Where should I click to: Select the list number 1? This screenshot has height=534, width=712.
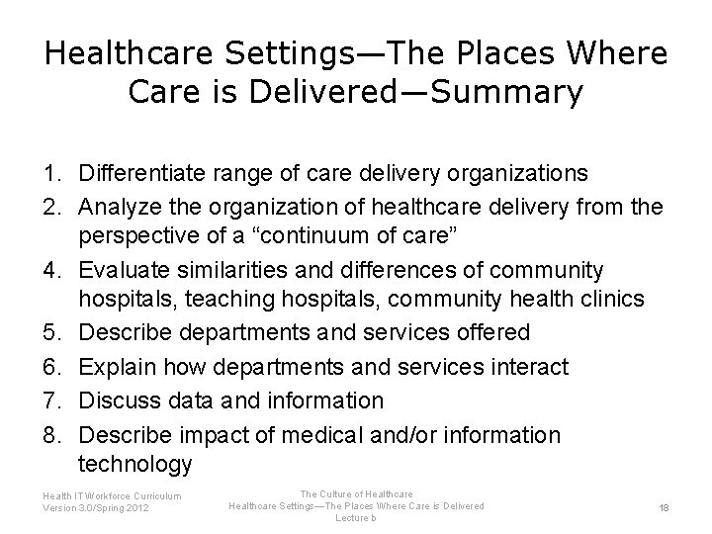pyautogui.click(x=51, y=174)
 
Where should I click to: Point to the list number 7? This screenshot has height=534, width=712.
pyautogui.click(x=51, y=400)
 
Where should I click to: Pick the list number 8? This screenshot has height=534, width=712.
pyautogui.click(x=51, y=435)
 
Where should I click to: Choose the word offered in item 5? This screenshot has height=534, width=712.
pyautogui.click(x=491, y=333)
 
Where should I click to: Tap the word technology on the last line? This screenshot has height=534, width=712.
pyautogui.click(x=134, y=463)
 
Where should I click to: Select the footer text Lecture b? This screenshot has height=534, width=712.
pyautogui.click(x=355, y=517)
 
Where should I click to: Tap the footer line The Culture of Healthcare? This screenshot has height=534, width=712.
pyautogui.click(x=356, y=493)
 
